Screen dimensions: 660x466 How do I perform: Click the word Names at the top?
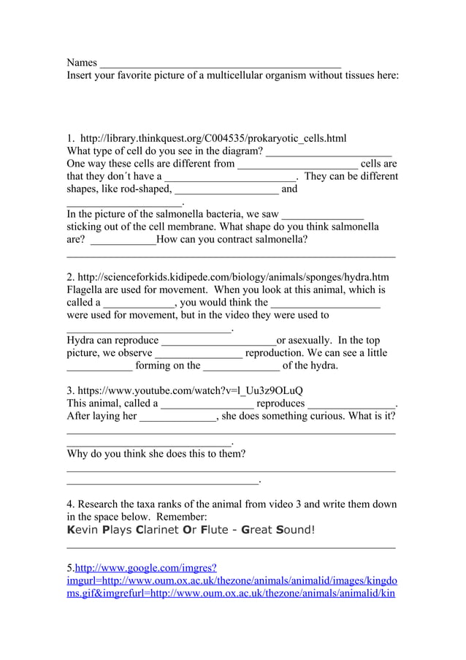[82, 63]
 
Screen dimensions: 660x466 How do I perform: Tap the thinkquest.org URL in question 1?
[213, 138]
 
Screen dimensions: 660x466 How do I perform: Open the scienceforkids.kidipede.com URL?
[233, 277]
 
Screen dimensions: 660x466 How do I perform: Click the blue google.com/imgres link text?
[146, 568]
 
